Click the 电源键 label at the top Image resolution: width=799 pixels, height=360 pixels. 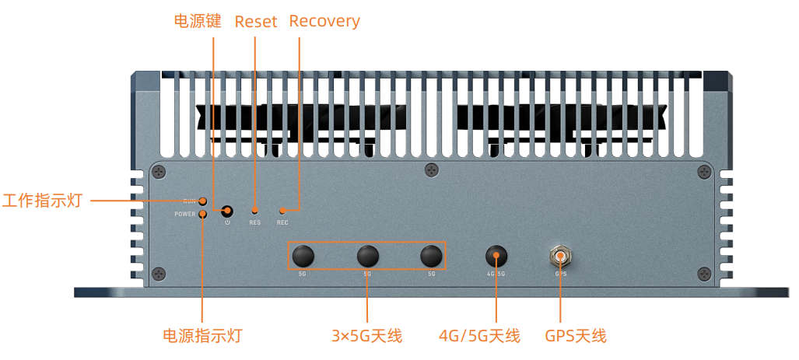point(198,21)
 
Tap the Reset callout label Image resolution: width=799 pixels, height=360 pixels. point(255,22)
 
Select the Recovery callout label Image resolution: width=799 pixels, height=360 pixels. point(324,21)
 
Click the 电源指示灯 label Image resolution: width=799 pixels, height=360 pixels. point(202,336)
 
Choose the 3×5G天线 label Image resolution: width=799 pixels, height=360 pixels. point(366,336)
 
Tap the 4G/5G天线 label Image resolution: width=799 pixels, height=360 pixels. point(479,336)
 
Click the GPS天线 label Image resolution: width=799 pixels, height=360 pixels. point(576,336)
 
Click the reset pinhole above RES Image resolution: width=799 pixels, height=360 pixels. point(254,211)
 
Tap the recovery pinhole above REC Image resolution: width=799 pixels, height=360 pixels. point(282,211)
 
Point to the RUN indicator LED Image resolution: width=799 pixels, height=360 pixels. point(202,201)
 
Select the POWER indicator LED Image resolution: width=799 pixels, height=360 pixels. point(202,214)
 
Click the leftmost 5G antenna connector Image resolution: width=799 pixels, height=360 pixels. point(303,256)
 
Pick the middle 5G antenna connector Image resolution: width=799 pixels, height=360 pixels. point(367,256)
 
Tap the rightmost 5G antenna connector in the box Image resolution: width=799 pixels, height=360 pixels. point(431,256)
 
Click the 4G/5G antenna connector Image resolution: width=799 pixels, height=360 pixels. point(496,256)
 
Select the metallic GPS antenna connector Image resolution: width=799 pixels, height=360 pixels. point(560,256)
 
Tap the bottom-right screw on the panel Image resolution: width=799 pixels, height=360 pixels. point(703,273)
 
